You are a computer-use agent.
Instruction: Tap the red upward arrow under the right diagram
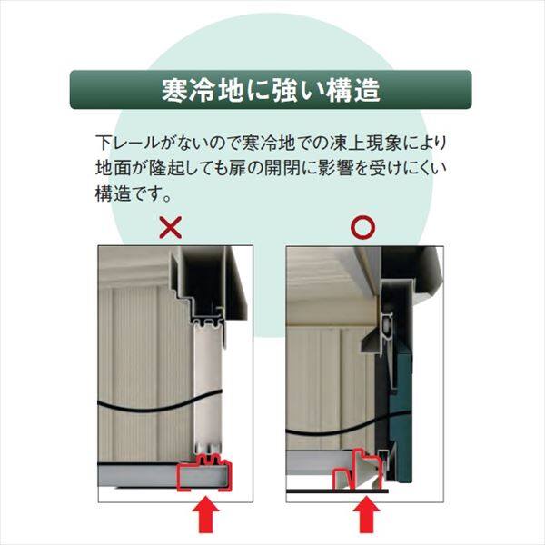coord(367,519)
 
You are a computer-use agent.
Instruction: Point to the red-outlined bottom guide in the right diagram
coord(359,471)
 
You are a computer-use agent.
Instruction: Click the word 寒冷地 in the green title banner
coord(193,90)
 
